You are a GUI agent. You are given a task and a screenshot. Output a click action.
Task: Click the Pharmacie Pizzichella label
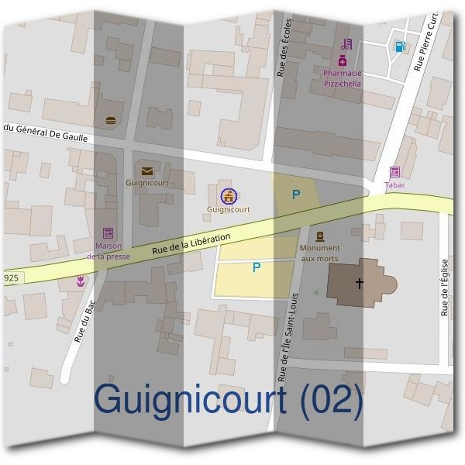[342, 78]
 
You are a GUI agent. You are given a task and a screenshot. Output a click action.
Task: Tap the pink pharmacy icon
[343, 60]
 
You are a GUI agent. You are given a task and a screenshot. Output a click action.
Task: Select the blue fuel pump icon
[400, 46]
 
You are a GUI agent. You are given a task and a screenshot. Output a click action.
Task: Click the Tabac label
[395, 185]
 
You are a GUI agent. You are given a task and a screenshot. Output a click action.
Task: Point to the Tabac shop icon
[395, 172]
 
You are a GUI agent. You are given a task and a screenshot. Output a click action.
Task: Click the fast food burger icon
[110, 120]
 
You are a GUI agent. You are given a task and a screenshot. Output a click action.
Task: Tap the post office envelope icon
[147, 171]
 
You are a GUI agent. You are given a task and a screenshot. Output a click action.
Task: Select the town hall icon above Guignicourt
[228, 195]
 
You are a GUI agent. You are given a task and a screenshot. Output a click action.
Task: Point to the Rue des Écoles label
[283, 48]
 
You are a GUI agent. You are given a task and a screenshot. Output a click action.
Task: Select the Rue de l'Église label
[445, 287]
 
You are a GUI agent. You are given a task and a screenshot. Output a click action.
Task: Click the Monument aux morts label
[319, 253]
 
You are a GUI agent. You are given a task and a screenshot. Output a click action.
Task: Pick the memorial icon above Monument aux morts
[320, 236]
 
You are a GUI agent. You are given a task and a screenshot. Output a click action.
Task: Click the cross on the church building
[359, 283]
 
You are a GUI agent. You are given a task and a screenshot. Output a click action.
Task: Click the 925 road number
[10, 276]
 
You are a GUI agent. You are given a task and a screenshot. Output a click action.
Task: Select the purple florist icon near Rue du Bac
[81, 282]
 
